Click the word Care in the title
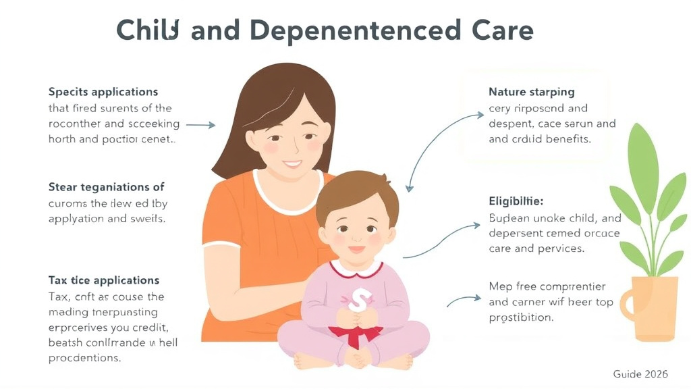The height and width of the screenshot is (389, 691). tap(498, 31)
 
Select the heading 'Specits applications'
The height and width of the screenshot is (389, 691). tap(103, 91)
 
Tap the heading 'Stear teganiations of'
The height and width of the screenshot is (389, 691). tap(106, 186)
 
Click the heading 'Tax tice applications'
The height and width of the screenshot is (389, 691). tap(104, 280)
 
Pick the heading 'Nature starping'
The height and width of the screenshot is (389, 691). tap(531, 91)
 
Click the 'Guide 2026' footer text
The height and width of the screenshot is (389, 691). tap(640, 373)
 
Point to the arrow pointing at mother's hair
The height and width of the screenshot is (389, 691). tap(200, 125)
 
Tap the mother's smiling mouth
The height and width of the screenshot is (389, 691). tap(293, 164)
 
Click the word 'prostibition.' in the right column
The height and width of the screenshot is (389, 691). tap(521, 317)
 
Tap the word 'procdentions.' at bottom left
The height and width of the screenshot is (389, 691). tap(84, 358)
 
